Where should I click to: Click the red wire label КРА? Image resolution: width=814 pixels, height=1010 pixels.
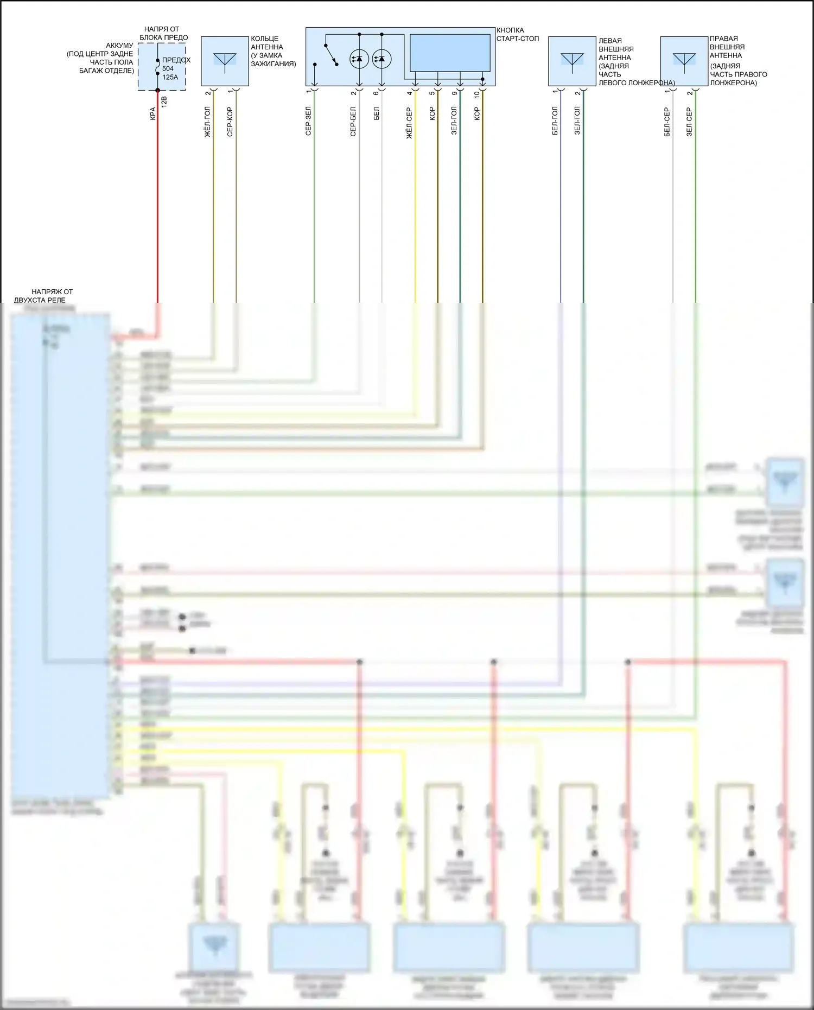[x=153, y=114]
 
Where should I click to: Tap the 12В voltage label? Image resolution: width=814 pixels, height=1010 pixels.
[x=164, y=101]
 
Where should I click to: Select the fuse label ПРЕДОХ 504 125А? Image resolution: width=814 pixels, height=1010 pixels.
[x=175, y=68]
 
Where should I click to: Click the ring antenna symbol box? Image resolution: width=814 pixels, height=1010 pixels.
[x=225, y=61]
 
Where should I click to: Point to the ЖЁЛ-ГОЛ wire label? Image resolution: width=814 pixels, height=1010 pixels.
[x=207, y=122]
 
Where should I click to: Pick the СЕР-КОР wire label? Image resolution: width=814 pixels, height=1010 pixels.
[x=230, y=122]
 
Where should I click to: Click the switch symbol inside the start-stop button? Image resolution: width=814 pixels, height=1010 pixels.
[x=330, y=55]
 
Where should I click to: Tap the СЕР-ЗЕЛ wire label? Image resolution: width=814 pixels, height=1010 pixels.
[x=308, y=121]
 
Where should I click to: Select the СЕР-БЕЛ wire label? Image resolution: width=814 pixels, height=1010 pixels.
[x=353, y=122]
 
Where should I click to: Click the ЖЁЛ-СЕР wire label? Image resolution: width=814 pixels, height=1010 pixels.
[x=410, y=123]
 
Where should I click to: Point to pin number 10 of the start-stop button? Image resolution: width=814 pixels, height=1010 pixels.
[x=477, y=94]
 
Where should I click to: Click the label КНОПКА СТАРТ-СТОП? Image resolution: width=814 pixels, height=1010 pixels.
[x=517, y=34]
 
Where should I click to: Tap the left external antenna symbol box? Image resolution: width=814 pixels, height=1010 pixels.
[x=572, y=61]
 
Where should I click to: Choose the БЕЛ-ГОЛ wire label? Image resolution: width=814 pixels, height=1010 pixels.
[x=555, y=122]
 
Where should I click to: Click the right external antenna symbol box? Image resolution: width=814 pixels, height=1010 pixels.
[x=684, y=61]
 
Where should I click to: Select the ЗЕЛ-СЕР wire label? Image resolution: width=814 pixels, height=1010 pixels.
[x=689, y=122]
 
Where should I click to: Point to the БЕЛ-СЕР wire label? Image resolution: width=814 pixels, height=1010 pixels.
[x=667, y=122]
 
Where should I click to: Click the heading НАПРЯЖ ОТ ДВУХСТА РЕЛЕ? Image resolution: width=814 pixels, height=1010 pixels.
[x=44, y=296]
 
